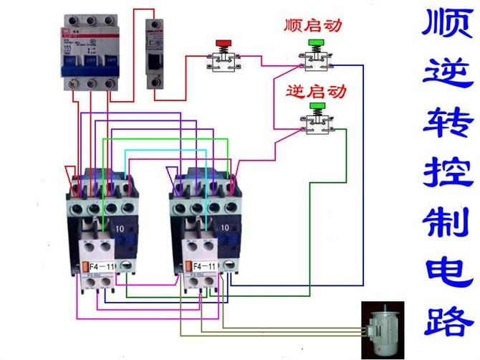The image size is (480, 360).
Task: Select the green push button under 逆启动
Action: pyautogui.click(x=316, y=106)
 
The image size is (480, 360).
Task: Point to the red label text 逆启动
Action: pyautogui.click(x=315, y=91)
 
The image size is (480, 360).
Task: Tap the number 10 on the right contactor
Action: pyautogui.click(x=224, y=228)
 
